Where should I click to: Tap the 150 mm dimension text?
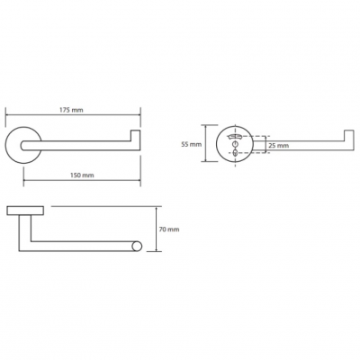82,175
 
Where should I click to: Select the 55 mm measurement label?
192,144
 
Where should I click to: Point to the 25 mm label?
279,146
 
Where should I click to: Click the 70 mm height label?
169,229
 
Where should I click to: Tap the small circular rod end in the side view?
137,247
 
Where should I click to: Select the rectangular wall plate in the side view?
25,211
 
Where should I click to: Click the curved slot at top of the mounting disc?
235,137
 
